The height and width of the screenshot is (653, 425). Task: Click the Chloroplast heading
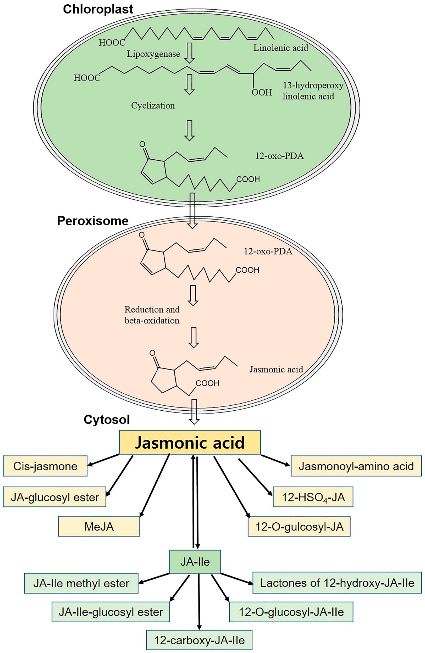coord(98,9)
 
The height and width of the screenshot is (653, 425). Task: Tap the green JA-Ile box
coord(195,562)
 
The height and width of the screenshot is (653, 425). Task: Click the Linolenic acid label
coord(280,48)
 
